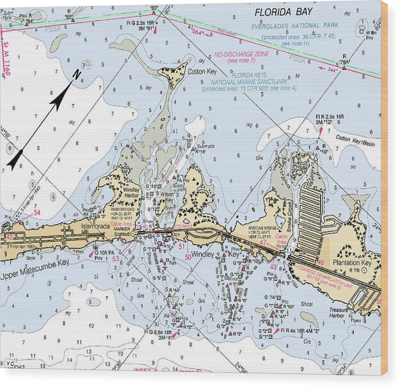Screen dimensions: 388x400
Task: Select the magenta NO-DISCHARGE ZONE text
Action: tap(242, 54)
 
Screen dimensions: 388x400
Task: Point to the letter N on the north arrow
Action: tap(77, 75)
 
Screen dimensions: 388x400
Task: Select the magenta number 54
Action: tap(37, 213)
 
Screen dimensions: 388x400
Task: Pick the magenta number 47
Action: tap(263, 243)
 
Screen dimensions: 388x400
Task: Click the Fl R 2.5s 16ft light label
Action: tap(329, 117)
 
